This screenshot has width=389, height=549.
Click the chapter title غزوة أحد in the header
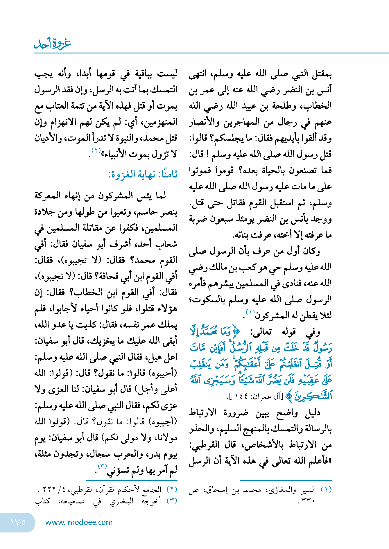[53, 44]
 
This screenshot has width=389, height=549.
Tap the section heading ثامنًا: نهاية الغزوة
[143, 174]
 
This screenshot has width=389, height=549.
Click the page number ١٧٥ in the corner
[18, 522]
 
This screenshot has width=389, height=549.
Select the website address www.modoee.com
[79, 522]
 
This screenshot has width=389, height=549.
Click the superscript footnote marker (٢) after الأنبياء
[96, 150]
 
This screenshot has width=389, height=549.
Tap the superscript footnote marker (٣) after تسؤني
[102, 466]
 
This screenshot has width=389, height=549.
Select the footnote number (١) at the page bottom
[326, 490]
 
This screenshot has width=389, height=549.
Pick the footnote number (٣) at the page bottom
[172, 501]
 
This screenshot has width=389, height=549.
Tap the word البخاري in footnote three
[121, 501]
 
